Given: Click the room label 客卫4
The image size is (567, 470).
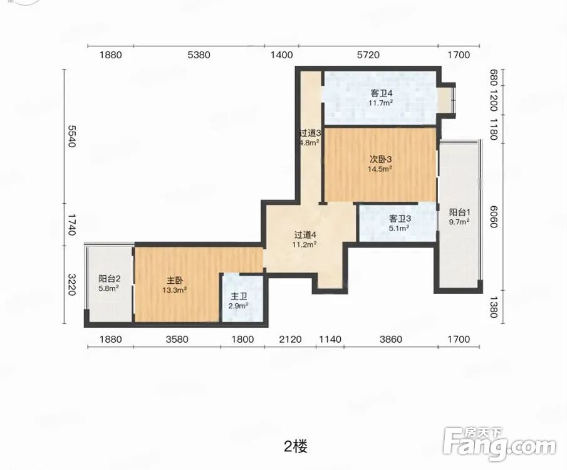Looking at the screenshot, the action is pos(382,93).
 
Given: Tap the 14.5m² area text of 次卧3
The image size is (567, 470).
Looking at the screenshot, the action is pos(380,169).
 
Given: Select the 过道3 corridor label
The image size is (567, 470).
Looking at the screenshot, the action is pos(310,133).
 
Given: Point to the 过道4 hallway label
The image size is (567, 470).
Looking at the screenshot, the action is pos(305,235).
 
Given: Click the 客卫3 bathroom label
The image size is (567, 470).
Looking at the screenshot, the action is pos(400,219).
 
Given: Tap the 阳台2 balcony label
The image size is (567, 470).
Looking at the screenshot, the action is pos(109,279).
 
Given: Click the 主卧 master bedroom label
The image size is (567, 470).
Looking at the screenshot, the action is pos(175,280).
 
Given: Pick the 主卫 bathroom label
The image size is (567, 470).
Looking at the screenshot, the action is pos(239,297).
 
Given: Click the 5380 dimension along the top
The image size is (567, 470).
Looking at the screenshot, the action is pos(199,55).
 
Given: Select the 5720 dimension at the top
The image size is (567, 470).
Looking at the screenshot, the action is pos(368,55).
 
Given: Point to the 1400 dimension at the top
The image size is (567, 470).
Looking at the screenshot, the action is pos(282,55).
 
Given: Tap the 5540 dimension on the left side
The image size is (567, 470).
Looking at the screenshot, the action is pos(71,136).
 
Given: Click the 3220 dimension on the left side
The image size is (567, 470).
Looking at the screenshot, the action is pos(71,285).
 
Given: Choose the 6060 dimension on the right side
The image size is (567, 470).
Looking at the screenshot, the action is pos(494,217).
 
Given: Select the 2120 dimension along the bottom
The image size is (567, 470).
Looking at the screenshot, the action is pos(290,340).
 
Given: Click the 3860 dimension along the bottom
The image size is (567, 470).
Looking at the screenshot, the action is pos(391,340).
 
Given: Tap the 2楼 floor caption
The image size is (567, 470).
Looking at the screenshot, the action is pos(296,447).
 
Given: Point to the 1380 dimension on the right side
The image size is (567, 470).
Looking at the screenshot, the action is pos(494,307).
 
